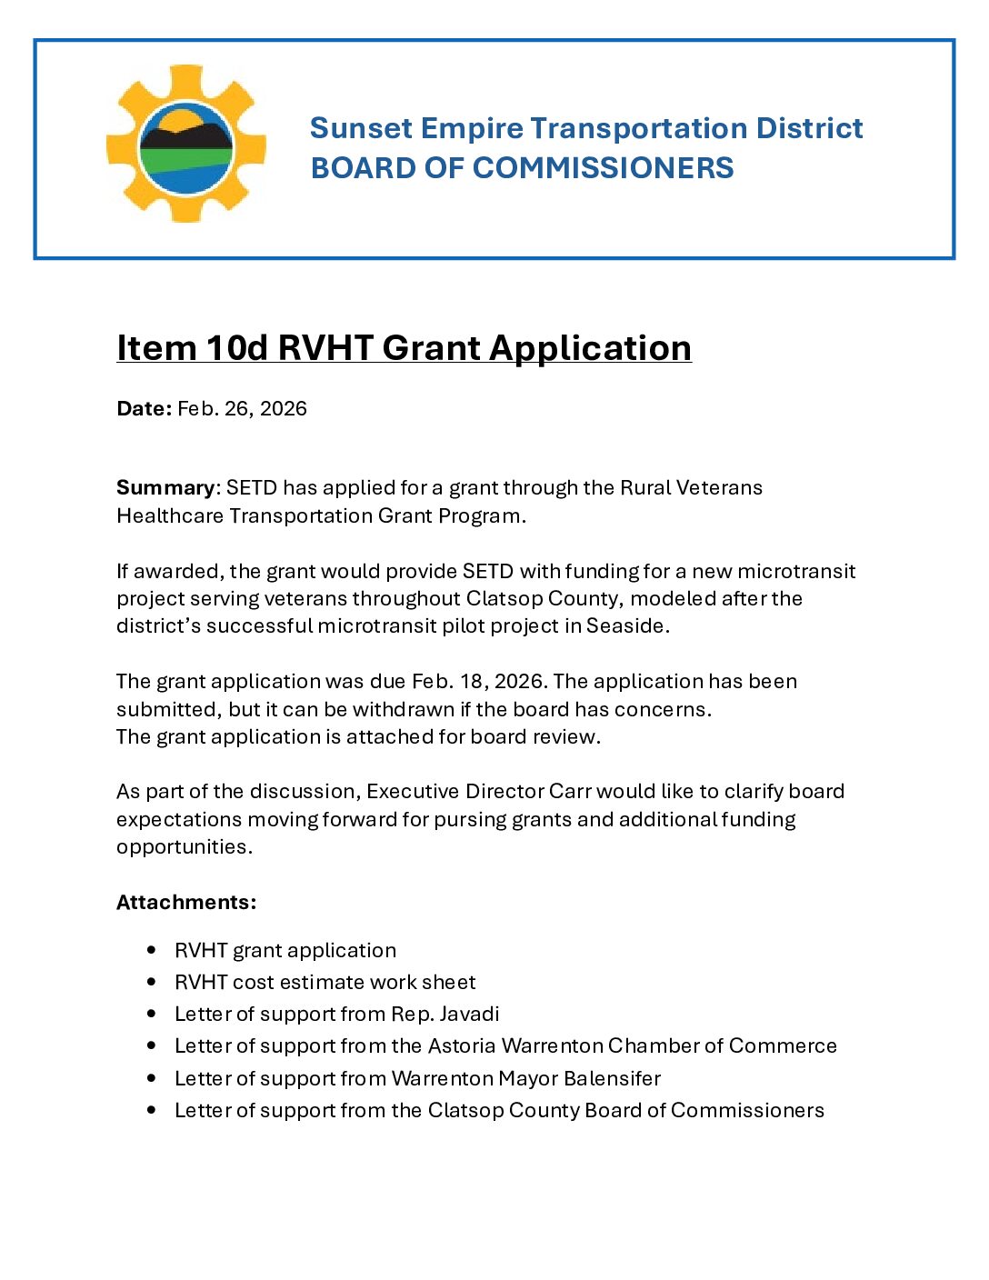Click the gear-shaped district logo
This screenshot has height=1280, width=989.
tap(186, 144)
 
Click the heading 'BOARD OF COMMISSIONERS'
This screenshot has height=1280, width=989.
tap(522, 168)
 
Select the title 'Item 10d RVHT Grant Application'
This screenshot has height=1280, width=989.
tap(404, 348)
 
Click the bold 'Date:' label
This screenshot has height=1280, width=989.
tap(144, 408)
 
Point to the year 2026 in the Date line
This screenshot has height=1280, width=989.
tap(284, 408)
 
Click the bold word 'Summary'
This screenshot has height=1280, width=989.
tap(165, 487)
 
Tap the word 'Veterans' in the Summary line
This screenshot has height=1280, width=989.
tap(719, 487)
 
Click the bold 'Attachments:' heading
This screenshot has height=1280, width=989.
tap(186, 902)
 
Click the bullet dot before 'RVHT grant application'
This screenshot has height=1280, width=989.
tap(152, 950)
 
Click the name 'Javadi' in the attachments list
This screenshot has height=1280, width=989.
tap(469, 1014)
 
